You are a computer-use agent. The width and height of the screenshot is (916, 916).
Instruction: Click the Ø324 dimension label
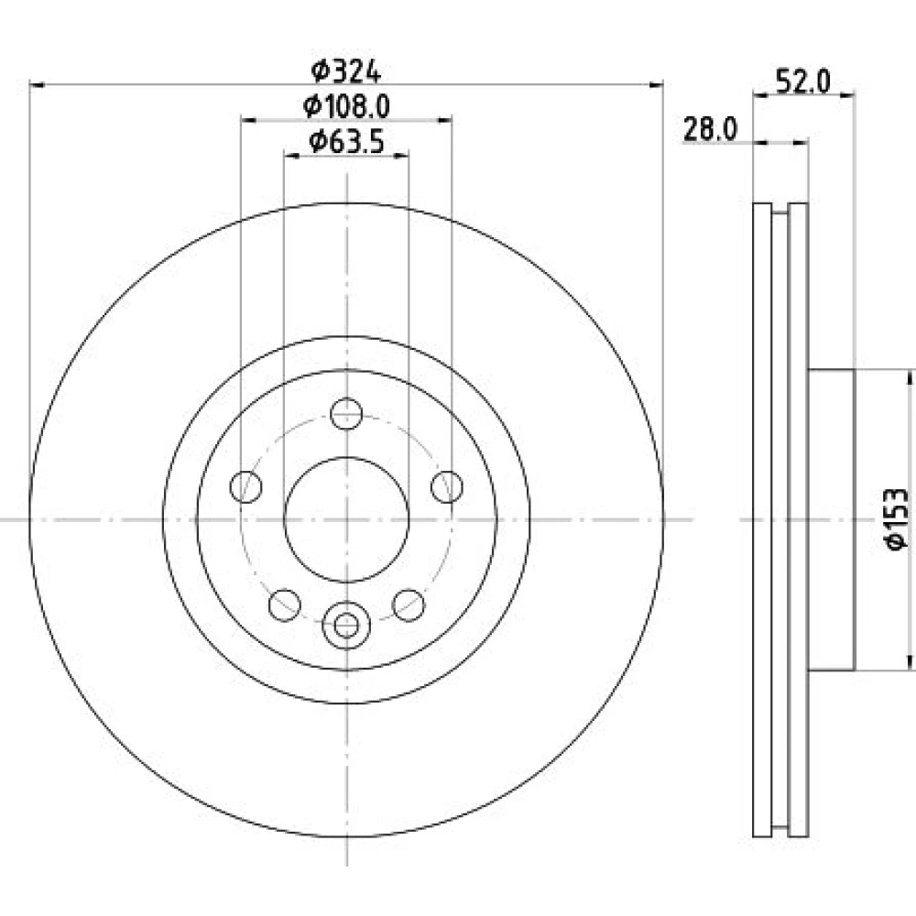(346, 72)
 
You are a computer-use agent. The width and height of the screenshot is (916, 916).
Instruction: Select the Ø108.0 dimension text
(346, 106)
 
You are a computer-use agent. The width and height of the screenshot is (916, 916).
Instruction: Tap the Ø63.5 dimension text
(346, 141)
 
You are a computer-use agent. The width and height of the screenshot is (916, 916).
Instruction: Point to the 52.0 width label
(802, 82)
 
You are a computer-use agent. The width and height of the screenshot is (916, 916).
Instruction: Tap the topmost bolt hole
(346, 414)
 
